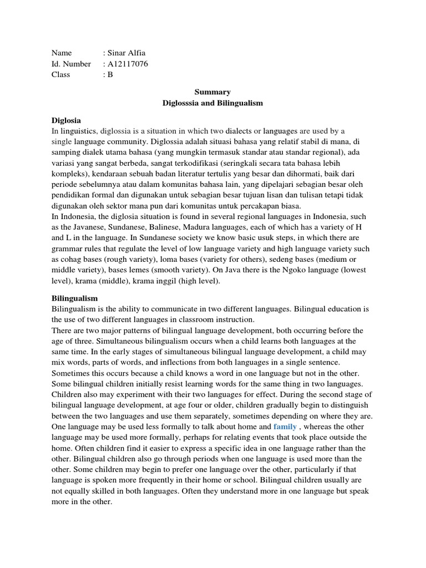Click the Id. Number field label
point(71,64)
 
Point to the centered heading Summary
point(212,92)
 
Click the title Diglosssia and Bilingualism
point(212,103)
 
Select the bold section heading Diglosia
point(66,120)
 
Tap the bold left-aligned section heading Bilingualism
point(74,298)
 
